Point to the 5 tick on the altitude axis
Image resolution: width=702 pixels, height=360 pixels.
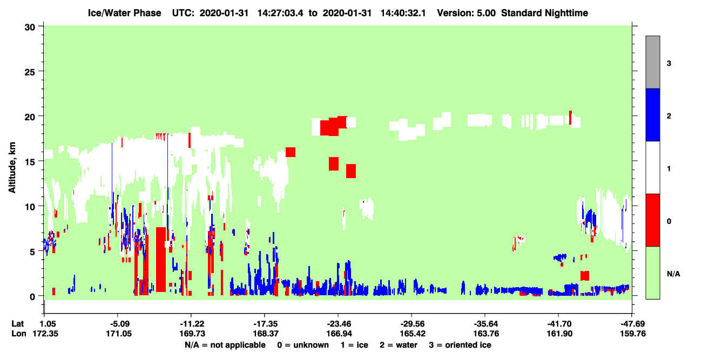click(x=41, y=251)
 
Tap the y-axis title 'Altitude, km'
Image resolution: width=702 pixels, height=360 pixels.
click(x=12, y=168)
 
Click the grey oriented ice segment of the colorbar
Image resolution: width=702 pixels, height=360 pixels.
click(x=652, y=62)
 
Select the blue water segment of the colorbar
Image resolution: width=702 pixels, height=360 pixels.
click(x=652, y=114)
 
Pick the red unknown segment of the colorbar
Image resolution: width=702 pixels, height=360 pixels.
click(x=652, y=220)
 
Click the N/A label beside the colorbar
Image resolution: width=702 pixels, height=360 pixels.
click(x=673, y=274)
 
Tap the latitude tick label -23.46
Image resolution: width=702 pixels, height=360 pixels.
click(x=339, y=324)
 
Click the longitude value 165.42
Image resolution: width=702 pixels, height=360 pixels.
click(x=413, y=334)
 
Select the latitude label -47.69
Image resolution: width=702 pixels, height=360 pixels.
click(x=633, y=324)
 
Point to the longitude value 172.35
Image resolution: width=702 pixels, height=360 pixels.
click(x=45, y=334)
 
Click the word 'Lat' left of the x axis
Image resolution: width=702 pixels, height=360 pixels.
click(x=18, y=324)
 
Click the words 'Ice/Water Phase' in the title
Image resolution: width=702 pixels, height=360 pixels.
click(x=124, y=13)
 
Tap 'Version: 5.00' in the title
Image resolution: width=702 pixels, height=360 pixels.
click(x=467, y=13)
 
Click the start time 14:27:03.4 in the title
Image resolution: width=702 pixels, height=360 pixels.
click(x=280, y=13)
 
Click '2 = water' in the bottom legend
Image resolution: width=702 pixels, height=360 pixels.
click(x=399, y=345)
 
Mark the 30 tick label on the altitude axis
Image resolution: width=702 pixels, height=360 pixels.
click(x=30, y=28)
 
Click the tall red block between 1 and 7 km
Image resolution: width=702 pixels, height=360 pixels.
click(x=161, y=260)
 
